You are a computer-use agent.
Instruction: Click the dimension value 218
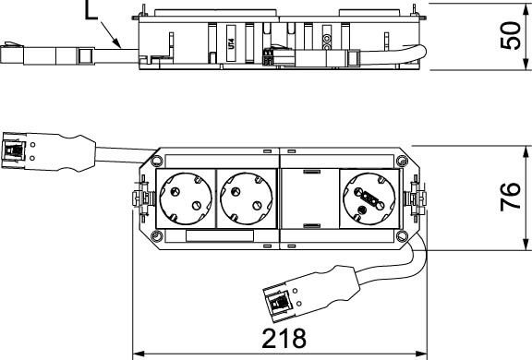click(284, 338)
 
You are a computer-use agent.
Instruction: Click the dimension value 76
click(511, 198)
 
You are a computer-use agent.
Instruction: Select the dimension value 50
click(511, 36)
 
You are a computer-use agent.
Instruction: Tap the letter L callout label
click(91, 10)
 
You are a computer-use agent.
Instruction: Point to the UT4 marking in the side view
click(232, 43)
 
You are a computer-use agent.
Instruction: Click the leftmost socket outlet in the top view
click(186, 198)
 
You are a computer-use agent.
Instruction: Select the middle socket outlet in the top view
click(247, 198)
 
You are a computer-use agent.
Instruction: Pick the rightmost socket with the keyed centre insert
click(369, 198)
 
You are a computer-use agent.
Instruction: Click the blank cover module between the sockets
click(310, 198)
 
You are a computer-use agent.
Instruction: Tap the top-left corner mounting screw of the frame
click(156, 161)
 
